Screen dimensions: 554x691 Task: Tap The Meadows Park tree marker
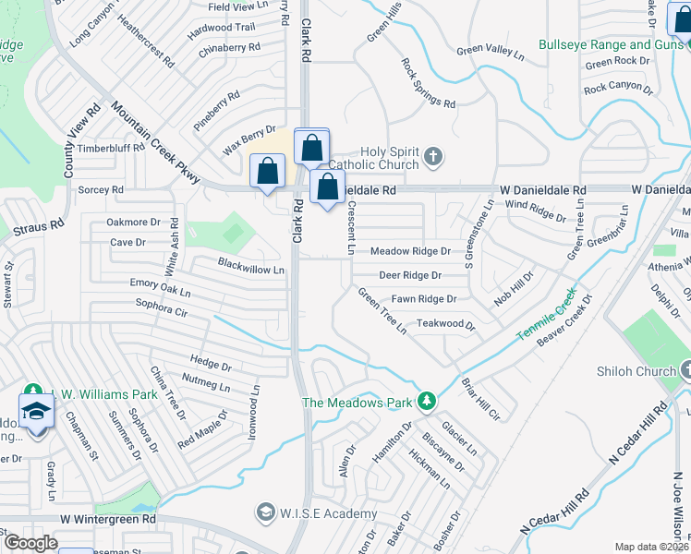point(426,401)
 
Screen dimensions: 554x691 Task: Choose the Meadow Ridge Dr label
point(410,251)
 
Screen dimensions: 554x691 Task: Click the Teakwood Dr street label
point(445,325)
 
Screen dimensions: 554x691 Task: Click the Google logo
point(30,542)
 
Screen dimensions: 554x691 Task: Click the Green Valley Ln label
point(490,50)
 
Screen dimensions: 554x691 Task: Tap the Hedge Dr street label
point(210,363)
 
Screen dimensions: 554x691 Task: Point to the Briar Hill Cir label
point(480,398)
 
